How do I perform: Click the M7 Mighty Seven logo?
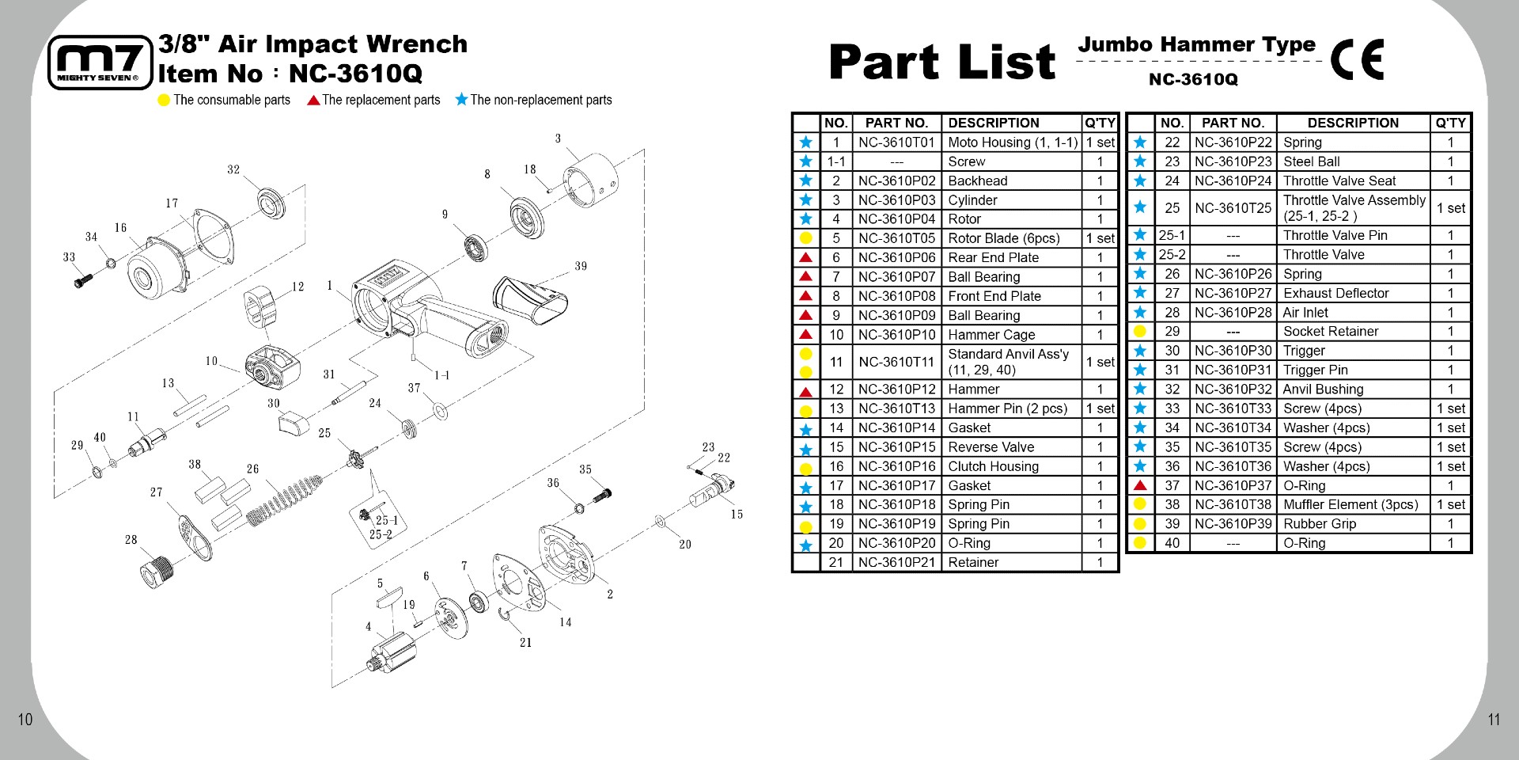click(100, 63)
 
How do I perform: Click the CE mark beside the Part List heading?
click(1357, 60)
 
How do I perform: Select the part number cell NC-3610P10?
click(896, 335)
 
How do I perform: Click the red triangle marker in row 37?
click(1140, 485)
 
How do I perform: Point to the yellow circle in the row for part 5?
click(805, 238)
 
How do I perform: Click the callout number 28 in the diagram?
click(131, 540)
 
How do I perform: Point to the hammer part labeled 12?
click(263, 306)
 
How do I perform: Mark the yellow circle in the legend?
click(164, 101)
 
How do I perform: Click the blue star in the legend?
click(461, 100)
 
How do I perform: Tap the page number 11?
click(1494, 719)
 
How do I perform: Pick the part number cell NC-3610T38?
click(1233, 504)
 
